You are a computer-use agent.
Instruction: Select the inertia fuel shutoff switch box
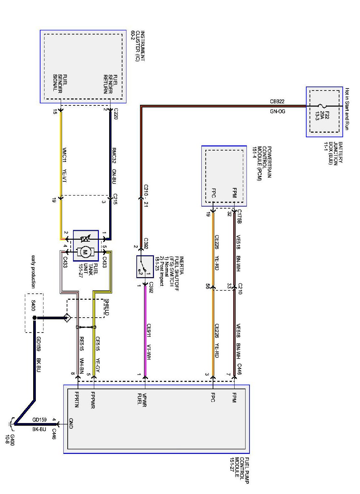pyautogui.click(x=145, y=267)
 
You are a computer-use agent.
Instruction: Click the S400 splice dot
pyautogui.click(x=35, y=318)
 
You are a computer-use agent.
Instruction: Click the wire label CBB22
pyautogui.click(x=277, y=101)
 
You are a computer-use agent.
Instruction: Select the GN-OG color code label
pyautogui.click(x=277, y=111)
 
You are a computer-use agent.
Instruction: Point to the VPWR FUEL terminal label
pyautogui.click(x=142, y=400)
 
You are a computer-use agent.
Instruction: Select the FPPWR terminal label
pyautogui.click(x=93, y=400)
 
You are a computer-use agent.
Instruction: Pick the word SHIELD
pyautogui.click(x=107, y=307)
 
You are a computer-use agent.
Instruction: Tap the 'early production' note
pyautogui.click(x=33, y=272)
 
